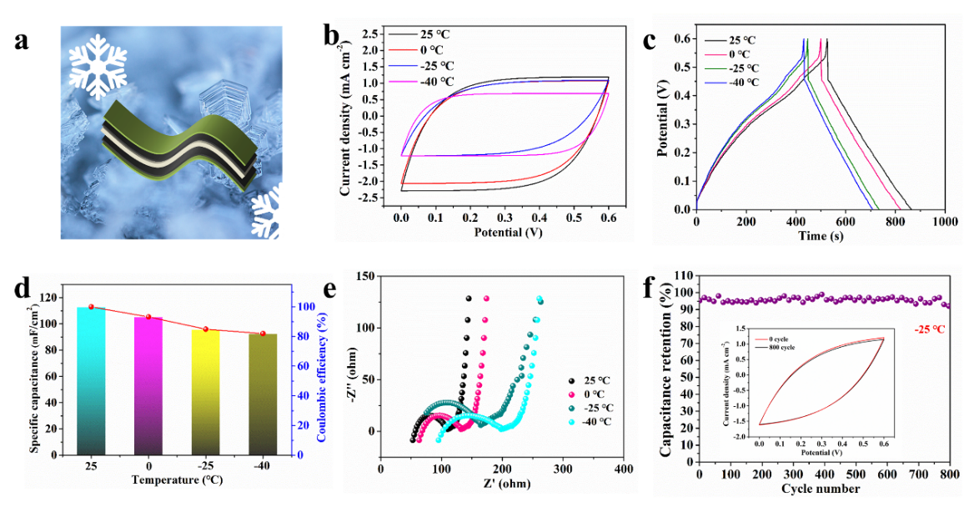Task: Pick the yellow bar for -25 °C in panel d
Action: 205,392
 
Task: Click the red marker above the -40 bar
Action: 262,334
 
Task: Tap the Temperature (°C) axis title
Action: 176,481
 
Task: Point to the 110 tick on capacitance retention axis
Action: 681,275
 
